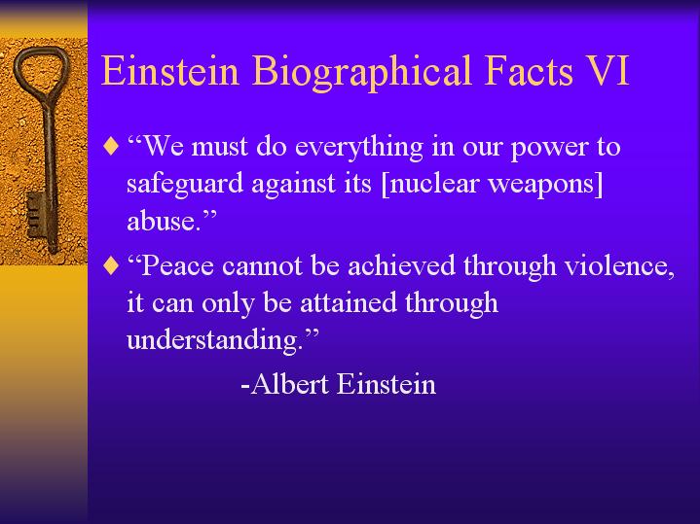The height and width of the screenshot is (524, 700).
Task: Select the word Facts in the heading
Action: (529, 70)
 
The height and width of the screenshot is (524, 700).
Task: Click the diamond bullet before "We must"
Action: (111, 146)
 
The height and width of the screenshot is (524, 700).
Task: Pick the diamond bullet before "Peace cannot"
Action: (111, 265)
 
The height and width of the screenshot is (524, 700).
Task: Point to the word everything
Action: (359, 148)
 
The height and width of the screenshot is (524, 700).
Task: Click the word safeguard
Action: (185, 185)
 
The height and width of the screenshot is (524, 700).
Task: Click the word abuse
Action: (162, 221)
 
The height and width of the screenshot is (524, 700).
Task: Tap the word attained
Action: (349, 302)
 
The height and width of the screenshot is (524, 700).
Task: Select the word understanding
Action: (212, 341)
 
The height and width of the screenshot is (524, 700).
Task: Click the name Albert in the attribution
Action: (290, 384)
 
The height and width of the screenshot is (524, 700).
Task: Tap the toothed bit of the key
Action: (37, 215)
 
